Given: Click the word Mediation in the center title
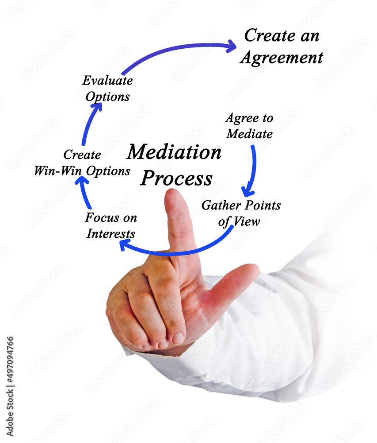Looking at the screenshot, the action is click(x=174, y=152).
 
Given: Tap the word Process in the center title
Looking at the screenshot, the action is click(x=176, y=178).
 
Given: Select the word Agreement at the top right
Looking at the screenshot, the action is click(x=282, y=58).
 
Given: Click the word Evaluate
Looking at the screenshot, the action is click(x=108, y=81).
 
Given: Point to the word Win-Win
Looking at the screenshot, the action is click(x=58, y=171).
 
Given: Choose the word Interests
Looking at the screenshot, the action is click(x=111, y=233).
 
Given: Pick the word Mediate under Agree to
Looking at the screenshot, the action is click(x=249, y=134).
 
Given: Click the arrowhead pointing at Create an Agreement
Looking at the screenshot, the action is click(x=232, y=46).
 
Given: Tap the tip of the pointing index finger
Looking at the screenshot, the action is click(x=172, y=190).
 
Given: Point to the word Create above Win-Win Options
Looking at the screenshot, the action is click(x=82, y=155).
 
